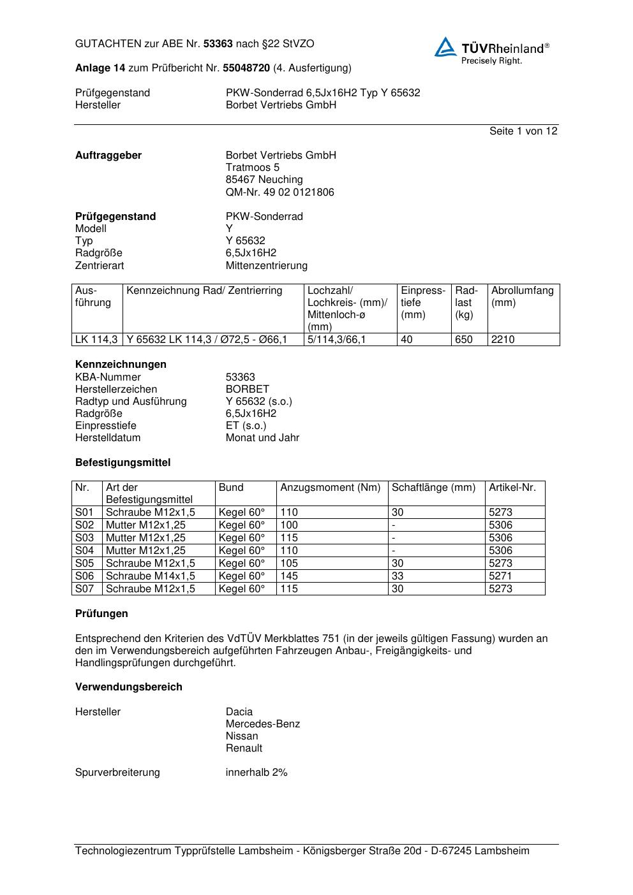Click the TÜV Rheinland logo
tap(491, 50)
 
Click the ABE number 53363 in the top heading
tap(218, 44)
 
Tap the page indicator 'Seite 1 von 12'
tap(523, 131)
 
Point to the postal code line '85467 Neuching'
tap(264, 180)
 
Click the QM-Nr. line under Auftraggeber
tap(279, 192)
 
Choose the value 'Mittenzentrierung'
tap(266, 265)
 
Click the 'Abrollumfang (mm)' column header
tap(522, 296)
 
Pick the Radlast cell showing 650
tap(464, 339)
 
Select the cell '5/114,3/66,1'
tap(336, 339)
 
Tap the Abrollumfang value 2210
tap(503, 339)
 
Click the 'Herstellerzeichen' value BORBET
tap(247, 389)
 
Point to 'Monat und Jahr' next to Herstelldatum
tap(262, 437)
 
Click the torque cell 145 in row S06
tap(289, 576)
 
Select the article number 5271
tap(500, 576)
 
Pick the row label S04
tap(84, 550)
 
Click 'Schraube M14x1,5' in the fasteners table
tap(151, 576)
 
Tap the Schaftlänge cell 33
tap(398, 576)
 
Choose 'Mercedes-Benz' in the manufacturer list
tap(262, 724)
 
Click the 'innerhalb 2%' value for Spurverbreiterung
tap(257, 772)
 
